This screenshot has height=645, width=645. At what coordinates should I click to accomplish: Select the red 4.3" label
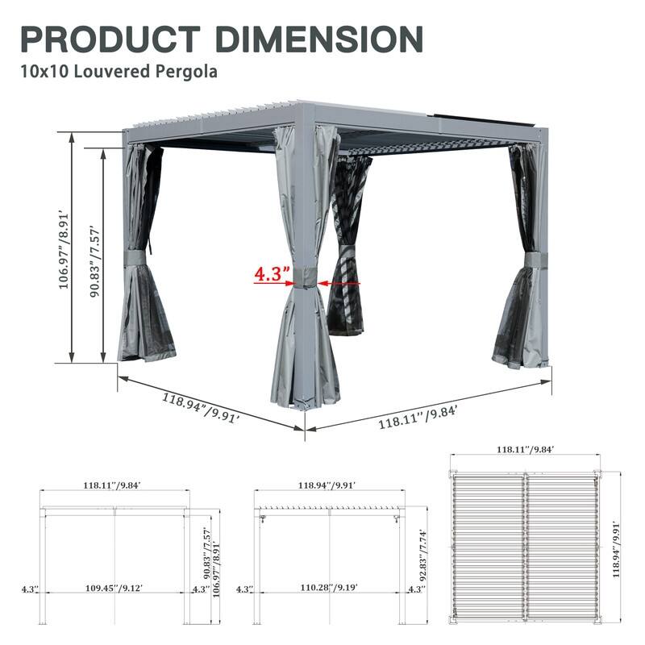click(272, 274)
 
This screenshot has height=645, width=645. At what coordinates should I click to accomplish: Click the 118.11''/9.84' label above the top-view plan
click(524, 450)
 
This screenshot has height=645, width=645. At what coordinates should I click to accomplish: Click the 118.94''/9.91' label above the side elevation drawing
click(327, 485)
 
